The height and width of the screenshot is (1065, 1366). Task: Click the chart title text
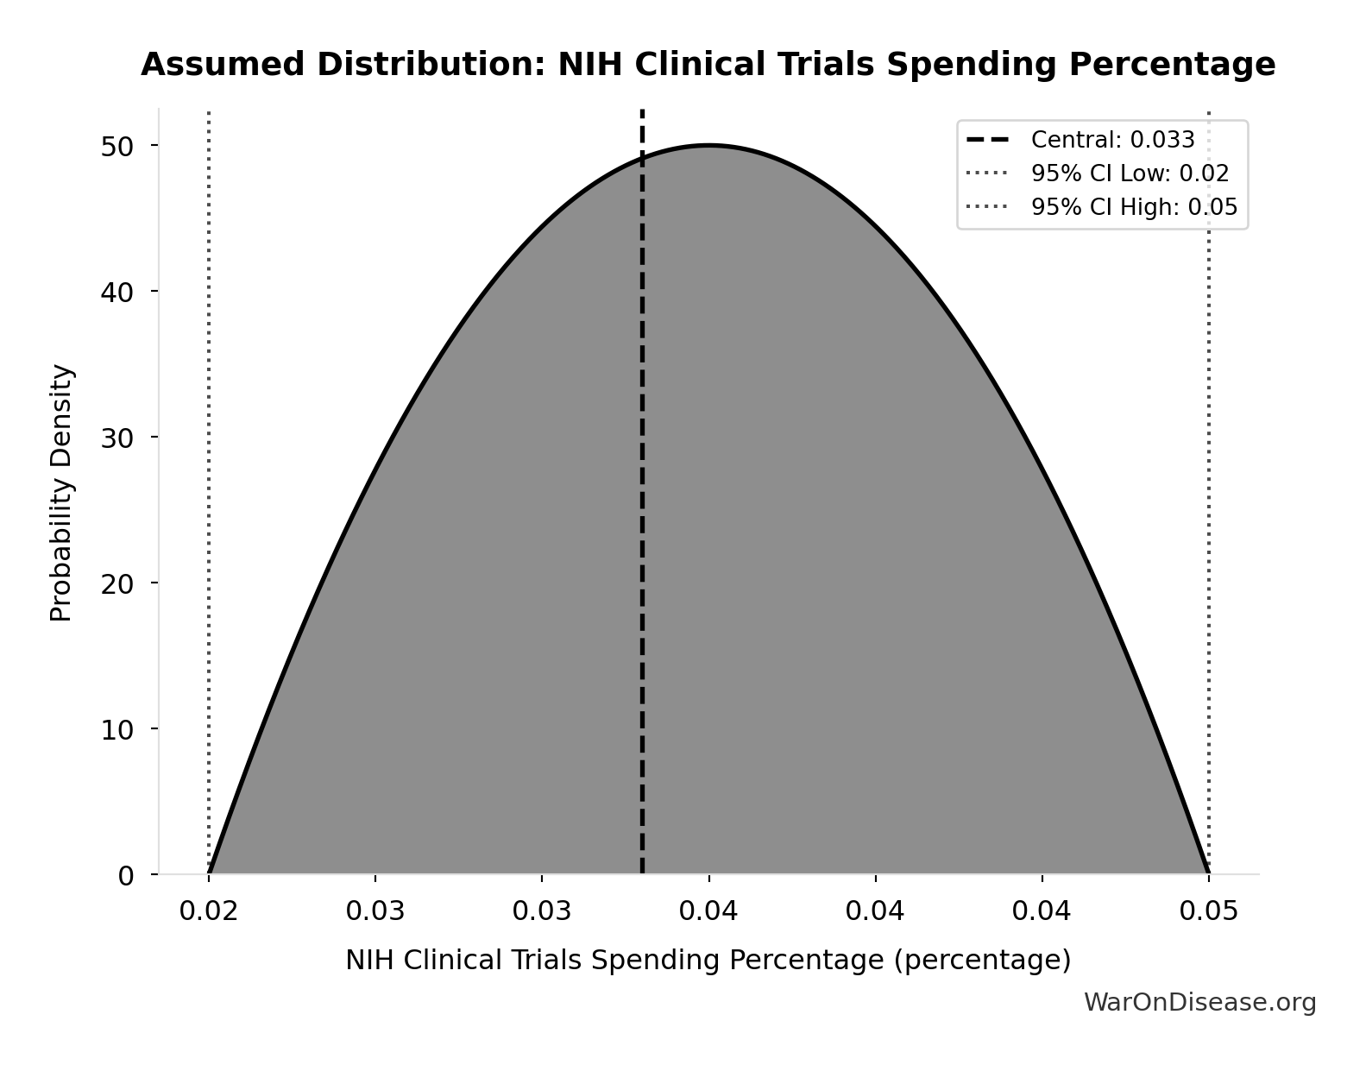pos(708,65)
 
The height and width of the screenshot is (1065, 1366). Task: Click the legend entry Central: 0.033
pos(1112,140)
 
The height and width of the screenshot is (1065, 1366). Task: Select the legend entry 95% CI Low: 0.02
pos(1130,173)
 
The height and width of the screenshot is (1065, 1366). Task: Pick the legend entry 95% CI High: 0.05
pos(1134,207)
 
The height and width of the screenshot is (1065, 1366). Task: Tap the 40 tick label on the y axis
pos(117,292)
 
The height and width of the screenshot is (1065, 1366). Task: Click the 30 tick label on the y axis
pos(117,438)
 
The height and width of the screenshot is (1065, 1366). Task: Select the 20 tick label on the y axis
pos(117,583)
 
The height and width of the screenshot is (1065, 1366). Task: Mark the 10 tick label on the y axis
pos(117,729)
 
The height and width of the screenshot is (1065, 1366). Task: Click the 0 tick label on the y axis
pos(126,875)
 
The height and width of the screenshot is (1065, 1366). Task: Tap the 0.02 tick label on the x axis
pos(208,911)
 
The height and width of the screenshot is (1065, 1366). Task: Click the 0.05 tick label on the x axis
pos(1208,911)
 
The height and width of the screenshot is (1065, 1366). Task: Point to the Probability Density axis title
pos(61,492)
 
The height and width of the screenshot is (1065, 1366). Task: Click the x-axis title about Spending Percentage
pos(708,960)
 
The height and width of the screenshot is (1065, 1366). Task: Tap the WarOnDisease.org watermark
pos(1199,1002)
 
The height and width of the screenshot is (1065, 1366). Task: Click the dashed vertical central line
pos(642,518)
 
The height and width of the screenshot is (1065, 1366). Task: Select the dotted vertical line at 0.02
pos(209,432)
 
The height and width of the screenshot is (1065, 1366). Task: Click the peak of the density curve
pos(708,146)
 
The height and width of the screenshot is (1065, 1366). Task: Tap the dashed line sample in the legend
pos(987,140)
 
